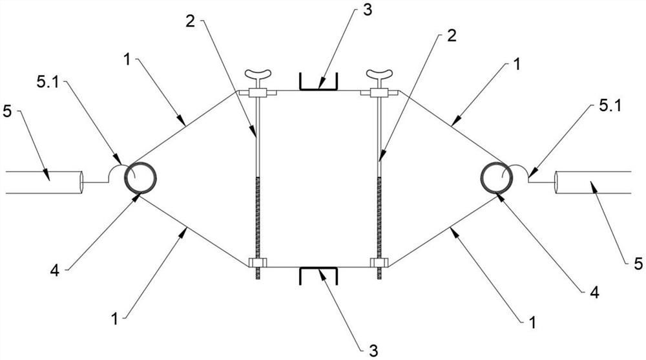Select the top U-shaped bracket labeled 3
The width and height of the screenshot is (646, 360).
318,84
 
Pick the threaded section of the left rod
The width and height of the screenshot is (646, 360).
257,220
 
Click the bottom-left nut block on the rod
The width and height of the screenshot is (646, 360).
256,264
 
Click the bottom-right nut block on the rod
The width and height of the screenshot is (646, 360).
378,264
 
